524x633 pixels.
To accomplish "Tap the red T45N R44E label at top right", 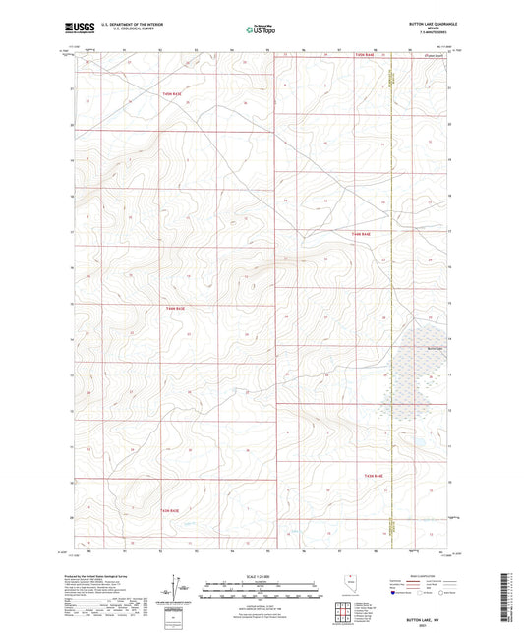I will coord(366,56).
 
